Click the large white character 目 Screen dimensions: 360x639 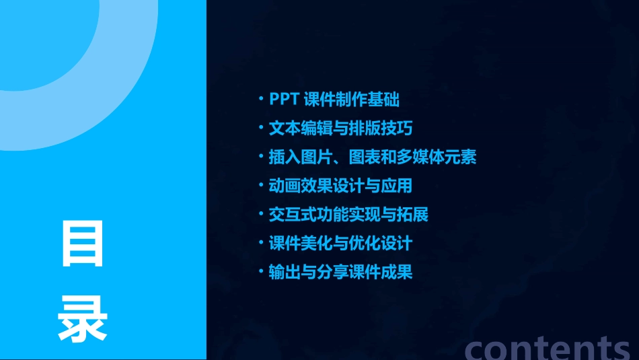(x=83, y=244)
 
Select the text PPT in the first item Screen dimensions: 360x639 (x=284, y=100)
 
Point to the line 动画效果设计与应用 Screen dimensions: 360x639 (x=340, y=186)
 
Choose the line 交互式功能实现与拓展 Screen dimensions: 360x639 (x=348, y=215)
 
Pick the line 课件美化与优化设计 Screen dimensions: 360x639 (x=340, y=243)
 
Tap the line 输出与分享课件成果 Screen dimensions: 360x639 (x=340, y=272)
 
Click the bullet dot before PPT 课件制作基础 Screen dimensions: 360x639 (x=262, y=100)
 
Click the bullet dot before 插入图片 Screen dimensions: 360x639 (x=262, y=157)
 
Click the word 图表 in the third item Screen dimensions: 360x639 (x=365, y=157)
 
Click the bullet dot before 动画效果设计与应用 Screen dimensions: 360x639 (x=262, y=185)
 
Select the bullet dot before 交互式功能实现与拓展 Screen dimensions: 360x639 (x=262, y=214)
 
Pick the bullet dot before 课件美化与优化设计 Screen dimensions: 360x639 (x=262, y=242)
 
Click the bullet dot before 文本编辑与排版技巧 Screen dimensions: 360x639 (x=262, y=128)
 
